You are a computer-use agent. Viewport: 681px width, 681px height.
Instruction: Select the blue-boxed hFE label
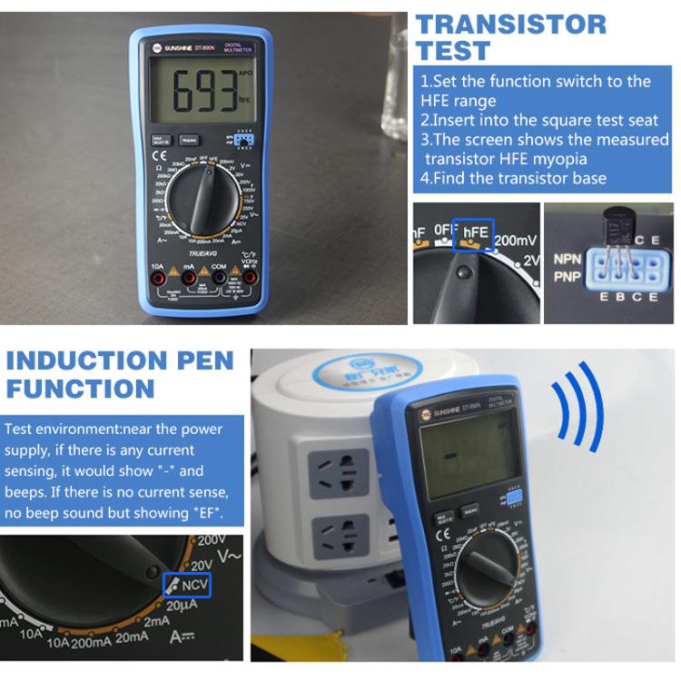(476, 232)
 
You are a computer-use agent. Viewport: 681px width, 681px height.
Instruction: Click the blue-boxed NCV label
(187, 586)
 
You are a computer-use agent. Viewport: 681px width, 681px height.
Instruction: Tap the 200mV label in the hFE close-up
(517, 241)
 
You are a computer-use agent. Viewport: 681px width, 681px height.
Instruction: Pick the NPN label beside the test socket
(567, 259)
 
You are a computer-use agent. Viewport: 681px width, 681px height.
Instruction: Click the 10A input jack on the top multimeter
(157, 277)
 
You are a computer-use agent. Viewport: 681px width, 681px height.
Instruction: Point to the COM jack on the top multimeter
(219, 277)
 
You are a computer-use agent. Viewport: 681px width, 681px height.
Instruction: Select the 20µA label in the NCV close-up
(183, 607)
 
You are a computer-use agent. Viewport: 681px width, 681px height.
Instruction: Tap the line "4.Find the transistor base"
(513, 178)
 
